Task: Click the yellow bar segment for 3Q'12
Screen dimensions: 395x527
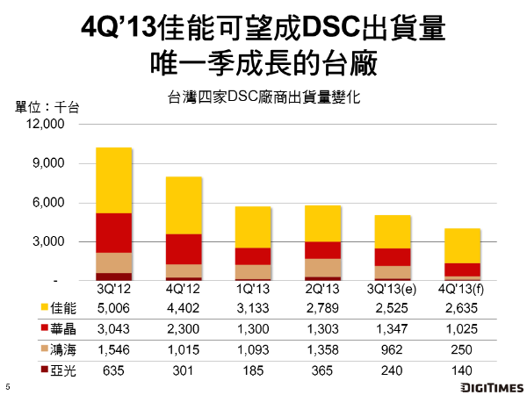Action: point(113,180)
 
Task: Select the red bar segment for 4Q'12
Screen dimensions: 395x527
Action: point(184,248)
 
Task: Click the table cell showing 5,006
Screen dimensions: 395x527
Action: point(113,308)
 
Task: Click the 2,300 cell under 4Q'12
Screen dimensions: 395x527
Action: point(184,329)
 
